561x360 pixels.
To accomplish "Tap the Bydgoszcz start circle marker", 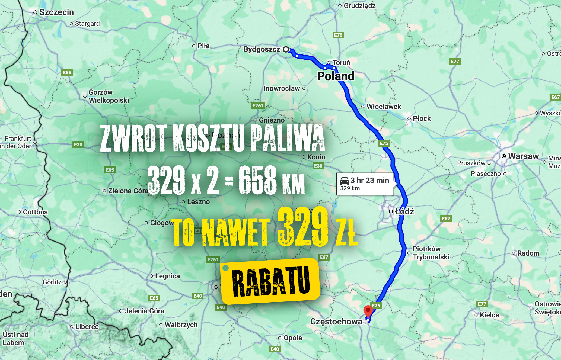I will click(286, 49).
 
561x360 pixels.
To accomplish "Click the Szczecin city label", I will click(56, 12).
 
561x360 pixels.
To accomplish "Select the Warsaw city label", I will click(523, 156).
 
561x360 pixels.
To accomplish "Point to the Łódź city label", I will click(404, 211).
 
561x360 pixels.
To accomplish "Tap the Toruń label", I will click(341, 63).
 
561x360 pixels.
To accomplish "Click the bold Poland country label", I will click(336, 76).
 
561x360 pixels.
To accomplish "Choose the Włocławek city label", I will click(384, 107).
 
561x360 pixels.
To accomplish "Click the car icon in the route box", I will click(345, 181).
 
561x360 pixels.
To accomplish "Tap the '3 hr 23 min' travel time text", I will click(370, 180).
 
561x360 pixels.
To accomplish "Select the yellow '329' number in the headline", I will click(303, 227).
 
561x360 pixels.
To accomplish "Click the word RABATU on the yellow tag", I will click(271, 281).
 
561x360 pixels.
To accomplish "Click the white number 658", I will click(257, 180).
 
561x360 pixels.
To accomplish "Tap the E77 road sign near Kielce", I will click(482, 304).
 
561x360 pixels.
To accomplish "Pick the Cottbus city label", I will click(35, 212).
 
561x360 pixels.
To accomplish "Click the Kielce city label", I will click(489, 315).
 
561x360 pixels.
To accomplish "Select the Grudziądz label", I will click(360, 6).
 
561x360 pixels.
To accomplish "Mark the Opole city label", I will click(293, 338).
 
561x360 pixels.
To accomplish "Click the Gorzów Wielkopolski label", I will click(109, 96).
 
